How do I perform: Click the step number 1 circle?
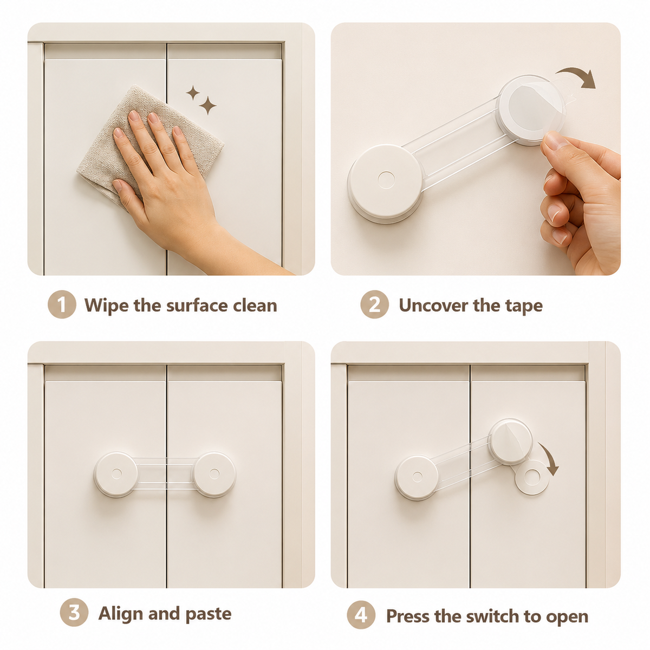(x=62, y=304)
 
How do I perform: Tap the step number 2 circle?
(x=374, y=304)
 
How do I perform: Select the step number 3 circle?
(x=74, y=612)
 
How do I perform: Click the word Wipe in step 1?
(x=107, y=305)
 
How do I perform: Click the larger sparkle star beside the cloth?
(x=208, y=105)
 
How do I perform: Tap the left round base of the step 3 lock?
(x=116, y=474)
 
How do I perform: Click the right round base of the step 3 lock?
(x=214, y=474)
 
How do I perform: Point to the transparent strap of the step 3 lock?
(x=165, y=473)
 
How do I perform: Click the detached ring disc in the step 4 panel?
(x=532, y=478)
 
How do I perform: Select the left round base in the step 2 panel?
(x=385, y=184)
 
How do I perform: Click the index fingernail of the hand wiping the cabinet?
(x=134, y=116)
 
